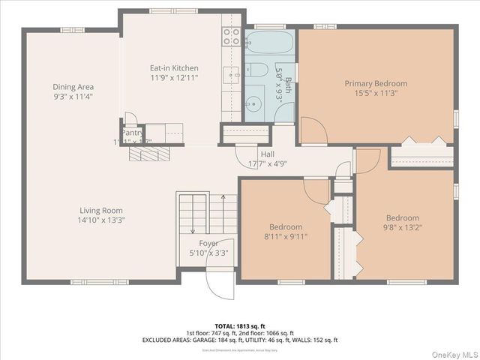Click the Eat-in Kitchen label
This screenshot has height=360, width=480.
point(174,68)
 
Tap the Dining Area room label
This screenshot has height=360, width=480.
point(73,87)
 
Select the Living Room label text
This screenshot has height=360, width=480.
point(102,211)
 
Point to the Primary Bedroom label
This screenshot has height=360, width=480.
point(376,84)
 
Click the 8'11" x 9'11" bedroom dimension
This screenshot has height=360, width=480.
point(286,236)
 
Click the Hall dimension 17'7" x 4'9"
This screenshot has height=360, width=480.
point(267,163)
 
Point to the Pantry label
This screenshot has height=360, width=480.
point(132,133)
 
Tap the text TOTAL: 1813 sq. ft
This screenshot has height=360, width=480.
point(240,325)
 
